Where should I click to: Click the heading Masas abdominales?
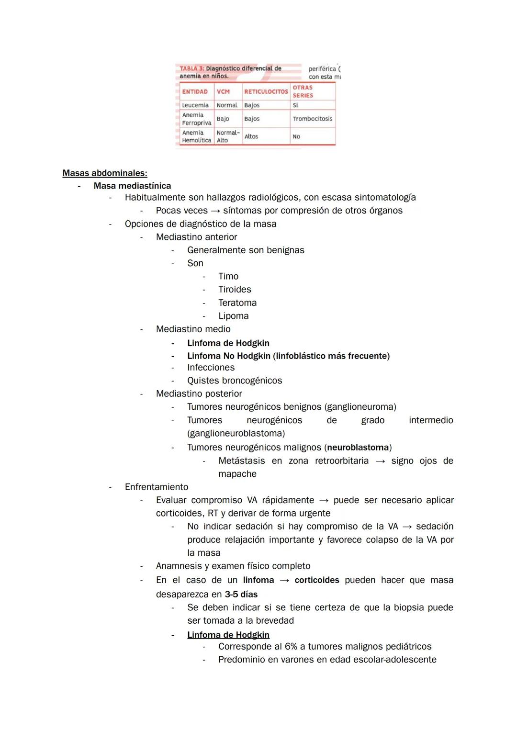coord(105,173)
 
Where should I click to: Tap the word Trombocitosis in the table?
coord(312,119)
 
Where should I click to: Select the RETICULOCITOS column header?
coord(266,91)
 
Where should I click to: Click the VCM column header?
coord(223,91)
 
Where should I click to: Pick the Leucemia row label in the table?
coord(195,105)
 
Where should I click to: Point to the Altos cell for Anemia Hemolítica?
coord(251,136)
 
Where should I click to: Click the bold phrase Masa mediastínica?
coord(132,186)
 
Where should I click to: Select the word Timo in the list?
coord(228,276)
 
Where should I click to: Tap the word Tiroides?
coord(235,289)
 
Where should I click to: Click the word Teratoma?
coord(237,303)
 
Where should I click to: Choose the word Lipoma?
coord(233,316)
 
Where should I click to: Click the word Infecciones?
coord(211,368)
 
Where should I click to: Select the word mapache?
coord(237,474)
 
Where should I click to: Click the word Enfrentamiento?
coord(157,487)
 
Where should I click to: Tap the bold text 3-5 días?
coord(241,595)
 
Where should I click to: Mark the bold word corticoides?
coord(317,580)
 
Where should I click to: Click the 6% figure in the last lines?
coord(291,647)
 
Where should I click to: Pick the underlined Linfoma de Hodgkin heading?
coord(228,635)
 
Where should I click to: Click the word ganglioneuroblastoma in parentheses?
coord(236,433)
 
